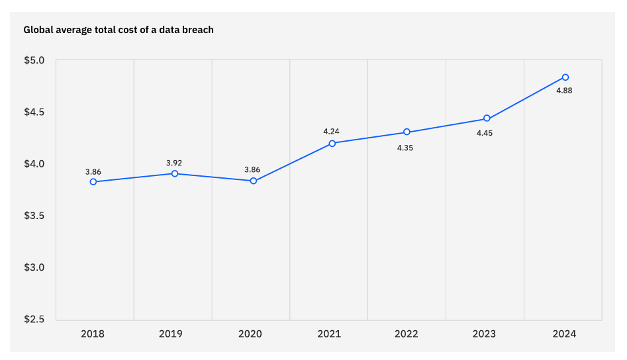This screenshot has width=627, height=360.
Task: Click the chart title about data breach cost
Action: click(x=119, y=30)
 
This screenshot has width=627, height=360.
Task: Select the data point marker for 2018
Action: click(x=93, y=181)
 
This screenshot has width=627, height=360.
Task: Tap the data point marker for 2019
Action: click(x=175, y=173)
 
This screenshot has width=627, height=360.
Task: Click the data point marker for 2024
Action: click(x=565, y=77)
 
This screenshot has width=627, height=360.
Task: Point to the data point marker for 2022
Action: click(x=407, y=132)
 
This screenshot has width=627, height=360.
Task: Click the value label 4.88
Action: click(x=564, y=91)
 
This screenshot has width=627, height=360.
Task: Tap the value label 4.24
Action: click(x=331, y=131)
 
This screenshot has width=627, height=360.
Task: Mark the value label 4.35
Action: click(x=405, y=148)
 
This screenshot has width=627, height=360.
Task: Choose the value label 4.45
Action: click(x=485, y=133)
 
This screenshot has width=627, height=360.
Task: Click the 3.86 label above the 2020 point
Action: click(x=252, y=169)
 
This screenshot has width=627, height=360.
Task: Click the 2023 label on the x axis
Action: click(x=484, y=334)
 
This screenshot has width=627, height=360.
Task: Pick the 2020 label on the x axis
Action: click(x=250, y=334)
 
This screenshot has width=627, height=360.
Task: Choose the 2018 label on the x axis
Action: click(x=93, y=334)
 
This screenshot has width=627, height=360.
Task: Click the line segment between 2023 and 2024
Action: click(x=526, y=98)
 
